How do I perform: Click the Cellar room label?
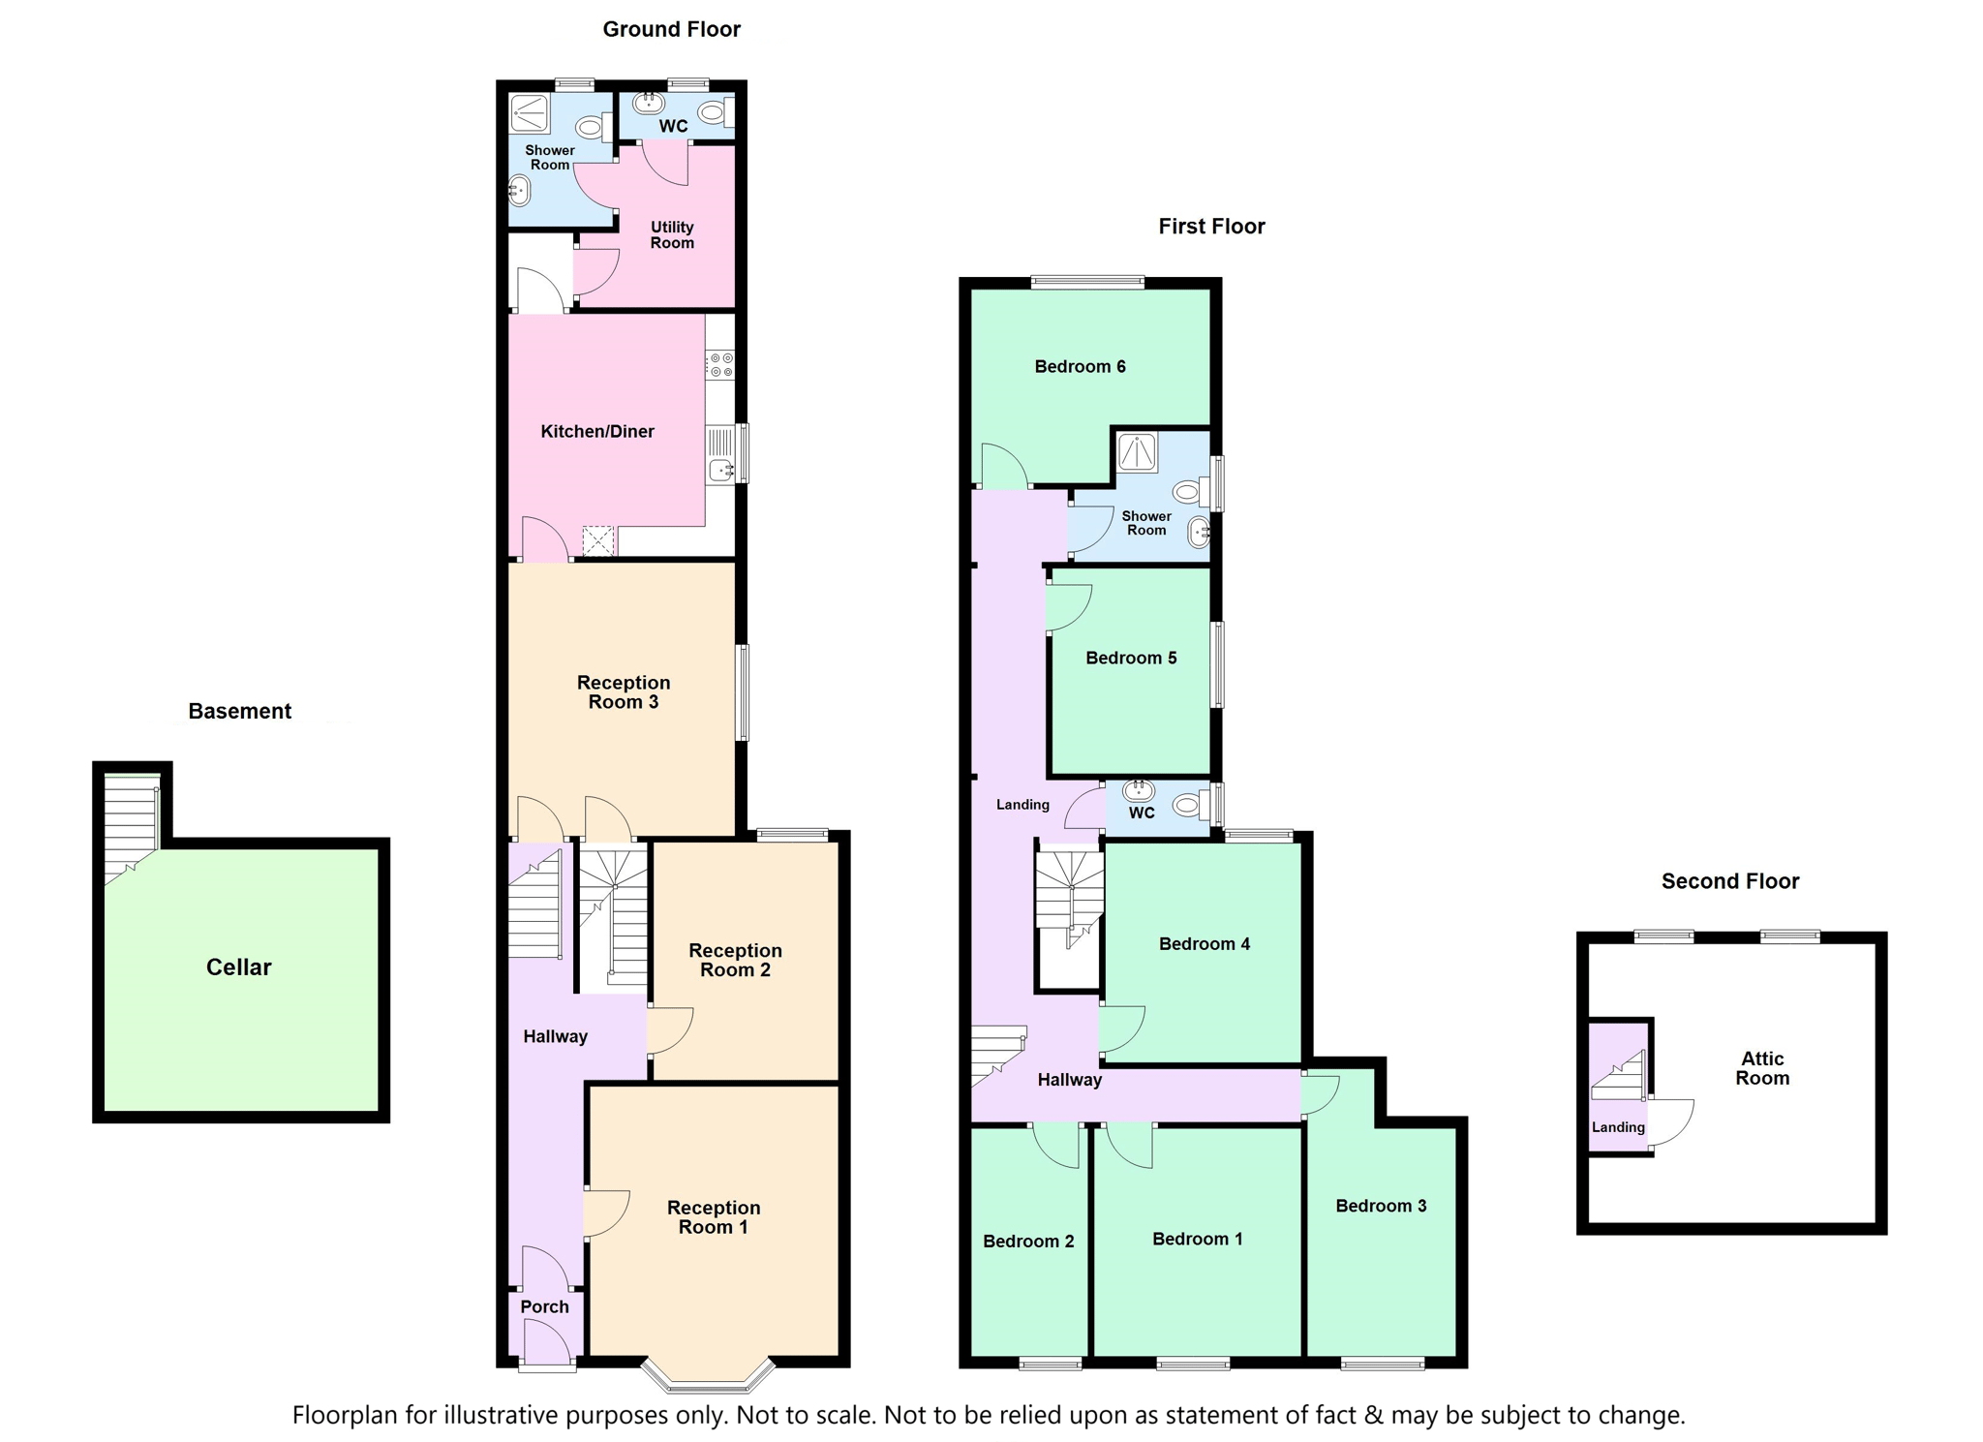coord(238,966)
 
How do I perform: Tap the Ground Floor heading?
coord(671,29)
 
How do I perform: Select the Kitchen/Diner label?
coord(597,431)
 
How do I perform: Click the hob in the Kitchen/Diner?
coord(720,365)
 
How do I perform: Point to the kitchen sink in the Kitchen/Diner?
coord(721,454)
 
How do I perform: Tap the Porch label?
coord(544,1306)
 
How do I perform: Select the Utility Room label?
coord(672,234)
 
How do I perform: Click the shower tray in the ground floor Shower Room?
coord(530,113)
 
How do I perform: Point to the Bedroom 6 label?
coord(1080,366)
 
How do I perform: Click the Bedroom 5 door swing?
coord(1069,608)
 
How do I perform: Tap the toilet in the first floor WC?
coord(1192,804)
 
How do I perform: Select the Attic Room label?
coord(1762,1068)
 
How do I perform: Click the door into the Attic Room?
coord(1671,1123)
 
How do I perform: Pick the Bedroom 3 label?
coord(1381,1206)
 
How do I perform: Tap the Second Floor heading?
coord(1730,881)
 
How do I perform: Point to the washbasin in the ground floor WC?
coord(649,102)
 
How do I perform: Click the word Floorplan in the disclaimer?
coord(345,1416)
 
